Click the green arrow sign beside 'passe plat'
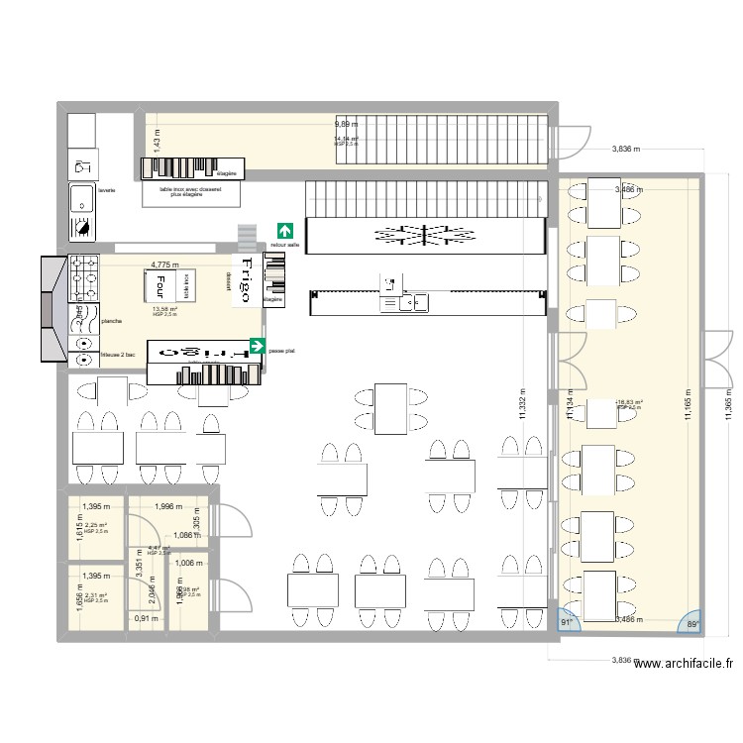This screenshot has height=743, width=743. point(257,346)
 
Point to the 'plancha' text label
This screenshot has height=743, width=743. point(111,321)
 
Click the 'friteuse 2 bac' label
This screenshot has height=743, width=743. point(118,354)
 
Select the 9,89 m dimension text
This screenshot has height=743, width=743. point(347,124)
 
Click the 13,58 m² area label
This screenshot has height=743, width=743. point(164,309)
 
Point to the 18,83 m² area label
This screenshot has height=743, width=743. point(629,403)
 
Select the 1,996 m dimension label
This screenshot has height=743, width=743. point(171,506)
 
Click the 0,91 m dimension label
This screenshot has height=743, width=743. point(144,619)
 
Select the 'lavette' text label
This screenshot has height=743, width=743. point(107,190)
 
